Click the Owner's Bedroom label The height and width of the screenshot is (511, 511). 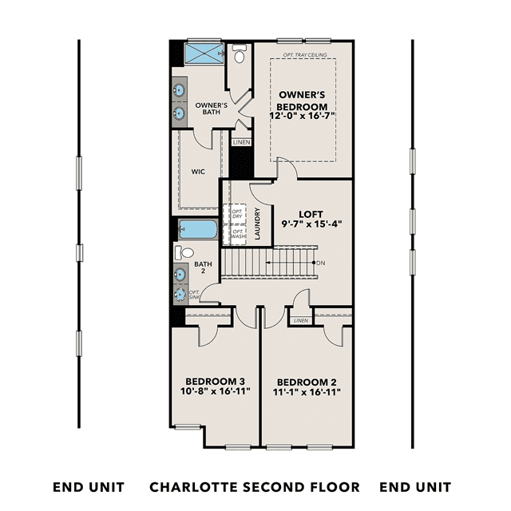(302, 101)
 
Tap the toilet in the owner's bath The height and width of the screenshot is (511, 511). (240, 53)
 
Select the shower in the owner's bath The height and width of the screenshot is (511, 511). (204, 53)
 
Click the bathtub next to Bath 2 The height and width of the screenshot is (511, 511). (198, 229)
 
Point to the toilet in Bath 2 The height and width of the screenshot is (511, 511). (184, 252)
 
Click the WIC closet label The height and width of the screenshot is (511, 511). (198, 172)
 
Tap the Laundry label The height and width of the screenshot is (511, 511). (257, 224)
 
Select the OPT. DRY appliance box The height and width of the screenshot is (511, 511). (235, 214)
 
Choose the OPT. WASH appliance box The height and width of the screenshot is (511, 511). (235, 234)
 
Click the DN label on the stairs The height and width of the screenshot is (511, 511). (321, 263)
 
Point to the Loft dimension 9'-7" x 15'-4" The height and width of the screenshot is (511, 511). (311, 224)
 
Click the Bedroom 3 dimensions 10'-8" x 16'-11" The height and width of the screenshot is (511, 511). (216, 390)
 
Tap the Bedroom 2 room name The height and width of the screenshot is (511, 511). (307, 382)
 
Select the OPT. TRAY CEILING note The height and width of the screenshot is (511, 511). (305, 55)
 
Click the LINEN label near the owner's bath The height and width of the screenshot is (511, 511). (242, 142)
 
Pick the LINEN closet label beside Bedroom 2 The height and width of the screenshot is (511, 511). (301, 321)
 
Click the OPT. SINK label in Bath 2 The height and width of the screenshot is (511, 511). (194, 295)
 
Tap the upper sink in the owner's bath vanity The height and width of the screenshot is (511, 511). (179, 89)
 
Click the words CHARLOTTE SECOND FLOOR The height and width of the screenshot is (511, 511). (255, 487)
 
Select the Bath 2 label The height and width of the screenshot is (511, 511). (203, 267)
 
